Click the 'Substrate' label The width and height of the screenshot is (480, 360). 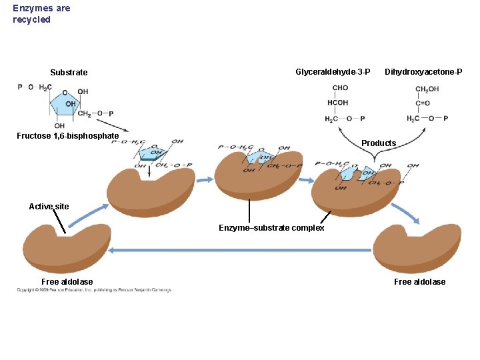(69, 73)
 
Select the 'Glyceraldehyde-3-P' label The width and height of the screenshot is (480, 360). (333, 71)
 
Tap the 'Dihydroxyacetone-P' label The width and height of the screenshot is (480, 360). (423, 71)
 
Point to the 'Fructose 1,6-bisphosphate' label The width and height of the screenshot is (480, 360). (67, 136)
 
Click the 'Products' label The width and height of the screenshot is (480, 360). (379, 143)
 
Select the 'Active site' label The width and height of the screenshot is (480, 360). (49, 207)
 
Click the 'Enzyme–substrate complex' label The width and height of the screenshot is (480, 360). (271, 228)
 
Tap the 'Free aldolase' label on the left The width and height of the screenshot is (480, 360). (67, 282)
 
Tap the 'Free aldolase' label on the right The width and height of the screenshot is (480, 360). (419, 282)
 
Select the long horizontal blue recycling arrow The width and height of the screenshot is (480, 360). (240, 251)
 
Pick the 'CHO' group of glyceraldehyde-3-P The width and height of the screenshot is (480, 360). (340, 88)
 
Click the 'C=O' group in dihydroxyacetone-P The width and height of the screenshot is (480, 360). (423, 103)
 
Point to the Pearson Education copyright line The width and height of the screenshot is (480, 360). (94, 290)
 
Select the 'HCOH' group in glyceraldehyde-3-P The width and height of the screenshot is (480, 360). (337, 103)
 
